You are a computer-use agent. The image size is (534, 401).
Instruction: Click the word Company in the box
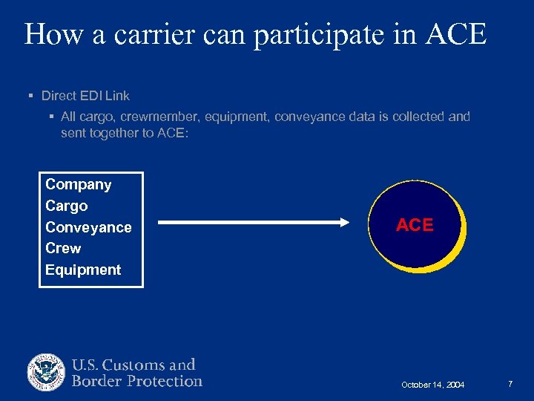pos(78,184)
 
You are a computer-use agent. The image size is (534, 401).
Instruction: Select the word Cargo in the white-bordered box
pos(66,206)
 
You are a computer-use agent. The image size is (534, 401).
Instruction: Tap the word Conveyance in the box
pos(88,227)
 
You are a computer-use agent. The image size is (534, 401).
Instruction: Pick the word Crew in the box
pos(63,248)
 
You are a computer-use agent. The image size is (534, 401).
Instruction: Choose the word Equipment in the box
pos(83,270)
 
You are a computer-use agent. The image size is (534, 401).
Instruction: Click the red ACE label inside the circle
pos(415,225)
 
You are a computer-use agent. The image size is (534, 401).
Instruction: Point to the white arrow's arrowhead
pos(342,222)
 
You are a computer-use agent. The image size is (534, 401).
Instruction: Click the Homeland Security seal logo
pos(47,373)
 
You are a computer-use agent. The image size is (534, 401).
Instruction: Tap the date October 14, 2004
pos(432,385)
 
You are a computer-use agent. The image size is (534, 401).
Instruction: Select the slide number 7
pos(510,384)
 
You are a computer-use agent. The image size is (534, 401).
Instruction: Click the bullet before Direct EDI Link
pos(30,96)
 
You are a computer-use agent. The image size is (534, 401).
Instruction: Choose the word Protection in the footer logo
pos(164,381)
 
